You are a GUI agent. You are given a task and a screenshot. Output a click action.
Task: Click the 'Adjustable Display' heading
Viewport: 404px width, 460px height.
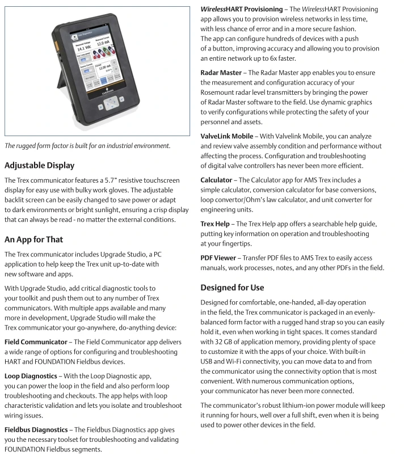47,166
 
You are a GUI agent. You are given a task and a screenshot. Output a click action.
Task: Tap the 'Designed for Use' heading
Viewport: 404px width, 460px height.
232,288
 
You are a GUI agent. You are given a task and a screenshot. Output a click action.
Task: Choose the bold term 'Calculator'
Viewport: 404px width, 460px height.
216,180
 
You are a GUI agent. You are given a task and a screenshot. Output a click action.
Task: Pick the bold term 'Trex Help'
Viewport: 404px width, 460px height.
216,224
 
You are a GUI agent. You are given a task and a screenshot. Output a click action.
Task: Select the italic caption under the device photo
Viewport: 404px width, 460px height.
87,145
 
